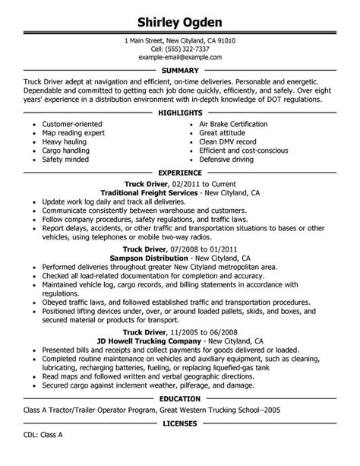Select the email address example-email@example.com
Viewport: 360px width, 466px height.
(180, 57)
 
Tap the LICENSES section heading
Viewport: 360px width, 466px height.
(180, 442)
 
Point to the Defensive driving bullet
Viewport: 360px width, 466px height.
(233, 160)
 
